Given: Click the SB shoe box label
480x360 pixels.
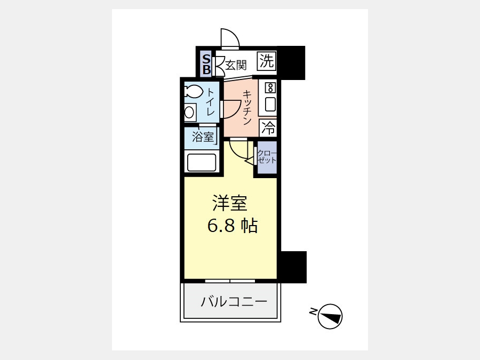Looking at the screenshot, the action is [206, 65].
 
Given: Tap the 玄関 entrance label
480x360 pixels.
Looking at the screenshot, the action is [236, 65].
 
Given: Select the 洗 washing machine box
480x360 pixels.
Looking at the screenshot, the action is [267, 61].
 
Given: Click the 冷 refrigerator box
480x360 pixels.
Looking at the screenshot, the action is [268, 128].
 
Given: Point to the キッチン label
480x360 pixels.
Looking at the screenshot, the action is [247, 107].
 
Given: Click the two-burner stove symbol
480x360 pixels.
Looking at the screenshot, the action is [270, 88].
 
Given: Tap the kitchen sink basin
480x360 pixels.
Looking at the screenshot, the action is [270, 104].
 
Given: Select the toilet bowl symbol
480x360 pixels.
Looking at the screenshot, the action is [194, 91].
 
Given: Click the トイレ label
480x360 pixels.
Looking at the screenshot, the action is [210, 102].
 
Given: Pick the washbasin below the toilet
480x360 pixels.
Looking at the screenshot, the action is [190, 112].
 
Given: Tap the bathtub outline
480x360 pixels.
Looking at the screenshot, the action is [202, 163].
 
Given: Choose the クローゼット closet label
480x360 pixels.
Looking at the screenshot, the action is [267, 156].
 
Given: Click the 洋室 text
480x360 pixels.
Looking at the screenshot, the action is [230, 203].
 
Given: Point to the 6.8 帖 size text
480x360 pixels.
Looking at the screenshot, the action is [233, 226].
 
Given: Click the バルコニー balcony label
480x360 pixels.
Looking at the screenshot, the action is [234, 302].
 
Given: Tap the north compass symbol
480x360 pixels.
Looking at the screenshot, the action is [330, 316].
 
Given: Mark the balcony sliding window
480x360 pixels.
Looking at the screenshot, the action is [230, 281].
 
